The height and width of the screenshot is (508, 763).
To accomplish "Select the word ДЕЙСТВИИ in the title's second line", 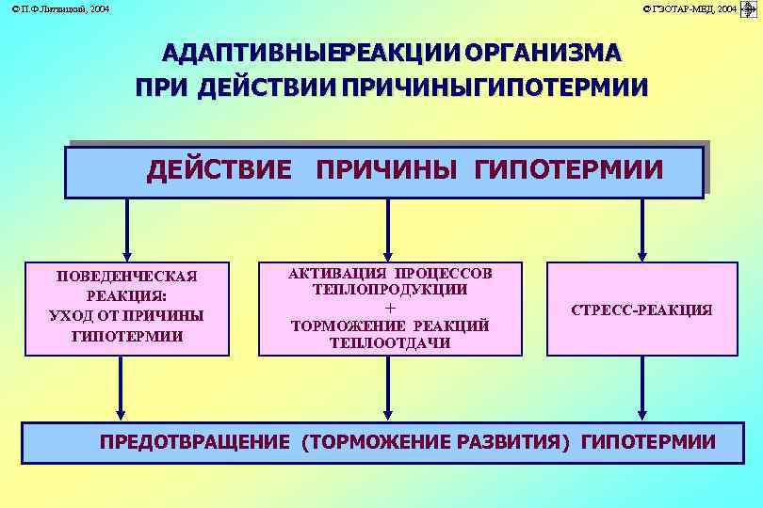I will pos(271,87).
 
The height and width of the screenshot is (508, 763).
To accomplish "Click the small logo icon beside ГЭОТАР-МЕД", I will pos(750,8).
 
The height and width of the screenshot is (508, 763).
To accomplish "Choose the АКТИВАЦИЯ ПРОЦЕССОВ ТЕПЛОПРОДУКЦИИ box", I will pos(390,308).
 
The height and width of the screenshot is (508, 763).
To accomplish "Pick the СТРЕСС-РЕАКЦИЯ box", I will pos(641,309).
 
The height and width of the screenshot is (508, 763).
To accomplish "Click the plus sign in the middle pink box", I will pos(390,308).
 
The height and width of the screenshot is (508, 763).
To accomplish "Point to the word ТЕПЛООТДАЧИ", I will pos(390,343).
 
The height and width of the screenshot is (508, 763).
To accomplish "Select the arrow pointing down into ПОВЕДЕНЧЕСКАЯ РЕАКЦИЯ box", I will pos(126,230).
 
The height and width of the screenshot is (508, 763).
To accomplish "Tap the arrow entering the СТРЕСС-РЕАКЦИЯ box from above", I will pos(641,230).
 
